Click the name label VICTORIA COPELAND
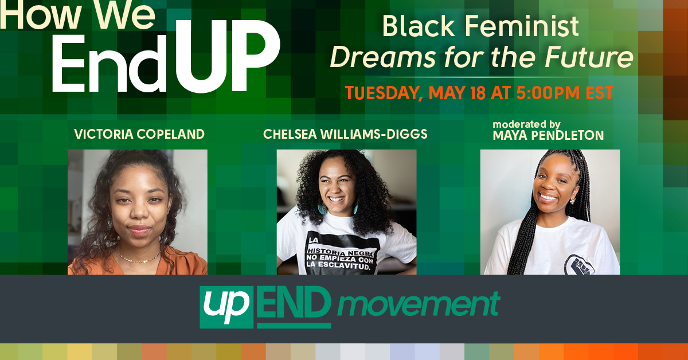point(139,134)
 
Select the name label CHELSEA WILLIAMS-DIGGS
point(346,134)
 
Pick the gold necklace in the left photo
point(138,259)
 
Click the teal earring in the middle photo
point(322,209)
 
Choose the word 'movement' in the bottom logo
point(418,306)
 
